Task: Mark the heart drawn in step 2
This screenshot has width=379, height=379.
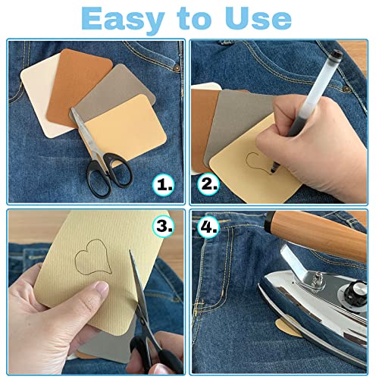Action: coord(258,161)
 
